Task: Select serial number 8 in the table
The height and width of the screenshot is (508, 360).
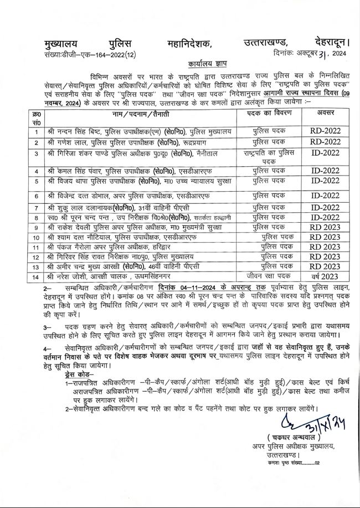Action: tap(36, 218)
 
